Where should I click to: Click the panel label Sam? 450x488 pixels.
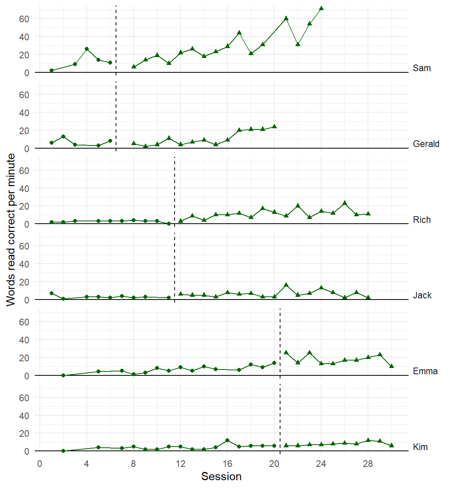[x=421, y=68]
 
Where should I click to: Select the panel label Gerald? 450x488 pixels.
[x=426, y=144]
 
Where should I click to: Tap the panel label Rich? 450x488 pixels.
[x=421, y=220]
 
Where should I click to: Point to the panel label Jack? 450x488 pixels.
[x=422, y=295]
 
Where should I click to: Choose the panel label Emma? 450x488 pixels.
[x=425, y=371]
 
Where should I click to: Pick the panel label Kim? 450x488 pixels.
[x=420, y=447]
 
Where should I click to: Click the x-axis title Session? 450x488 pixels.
[x=221, y=476]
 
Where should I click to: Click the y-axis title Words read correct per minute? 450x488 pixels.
[x=11, y=230]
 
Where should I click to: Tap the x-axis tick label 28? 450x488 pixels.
[x=368, y=464]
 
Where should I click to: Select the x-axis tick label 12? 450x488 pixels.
[x=180, y=464]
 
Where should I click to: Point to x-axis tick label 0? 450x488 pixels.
[x=39, y=464]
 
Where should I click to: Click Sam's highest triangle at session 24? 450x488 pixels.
[x=321, y=8]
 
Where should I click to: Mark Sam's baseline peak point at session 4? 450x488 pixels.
[x=87, y=49]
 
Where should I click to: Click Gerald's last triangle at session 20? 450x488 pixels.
[x=274, y=127]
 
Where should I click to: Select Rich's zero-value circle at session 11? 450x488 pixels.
[x=169, y=224]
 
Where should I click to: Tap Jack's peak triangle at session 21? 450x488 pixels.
[x=286, y=285]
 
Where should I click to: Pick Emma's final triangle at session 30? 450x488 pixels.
[x=391, y=366]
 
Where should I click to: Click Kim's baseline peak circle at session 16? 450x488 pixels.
[x=227, y=440]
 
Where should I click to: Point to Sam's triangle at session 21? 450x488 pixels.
[x=286, y=18]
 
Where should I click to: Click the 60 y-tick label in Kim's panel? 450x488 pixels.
[x=24, y=398]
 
